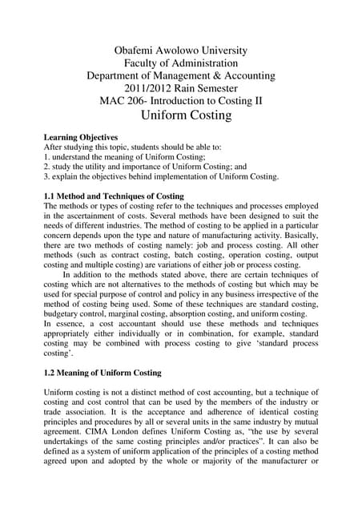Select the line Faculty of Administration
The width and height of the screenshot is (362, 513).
[180, 62]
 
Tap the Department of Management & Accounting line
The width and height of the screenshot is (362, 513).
[180, 76]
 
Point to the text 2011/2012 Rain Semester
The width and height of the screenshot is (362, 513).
[180, 90]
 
